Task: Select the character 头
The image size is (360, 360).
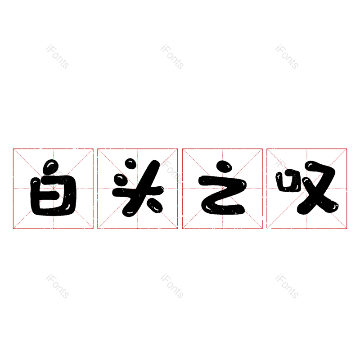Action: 137,187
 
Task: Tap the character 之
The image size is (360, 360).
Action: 221,189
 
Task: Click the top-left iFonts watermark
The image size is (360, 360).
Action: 57,57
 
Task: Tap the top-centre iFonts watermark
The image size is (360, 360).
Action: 172,57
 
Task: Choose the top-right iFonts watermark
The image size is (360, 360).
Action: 287,57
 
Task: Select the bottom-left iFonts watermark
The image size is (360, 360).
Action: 57,287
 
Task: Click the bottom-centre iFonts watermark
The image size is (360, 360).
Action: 172,287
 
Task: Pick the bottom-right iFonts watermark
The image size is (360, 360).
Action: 287,287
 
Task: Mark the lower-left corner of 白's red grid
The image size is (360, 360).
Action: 13,229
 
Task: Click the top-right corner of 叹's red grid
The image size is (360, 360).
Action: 347,148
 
